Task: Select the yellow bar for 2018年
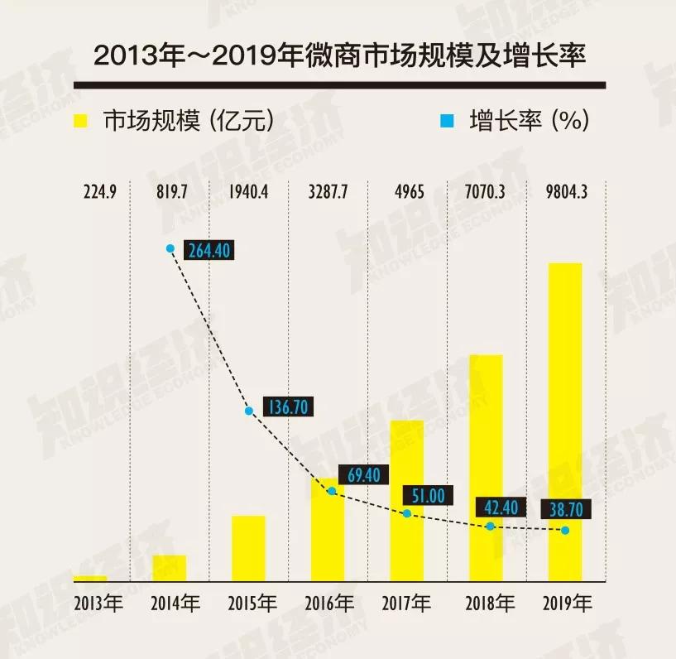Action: point(486,468)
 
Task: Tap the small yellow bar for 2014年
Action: point(170,568)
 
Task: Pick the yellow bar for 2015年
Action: point(248,548)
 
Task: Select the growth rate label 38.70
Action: point(566,508)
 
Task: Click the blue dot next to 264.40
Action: point(170,248)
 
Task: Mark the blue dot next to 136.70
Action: point(248,411)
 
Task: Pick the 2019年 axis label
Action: point(567,603)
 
